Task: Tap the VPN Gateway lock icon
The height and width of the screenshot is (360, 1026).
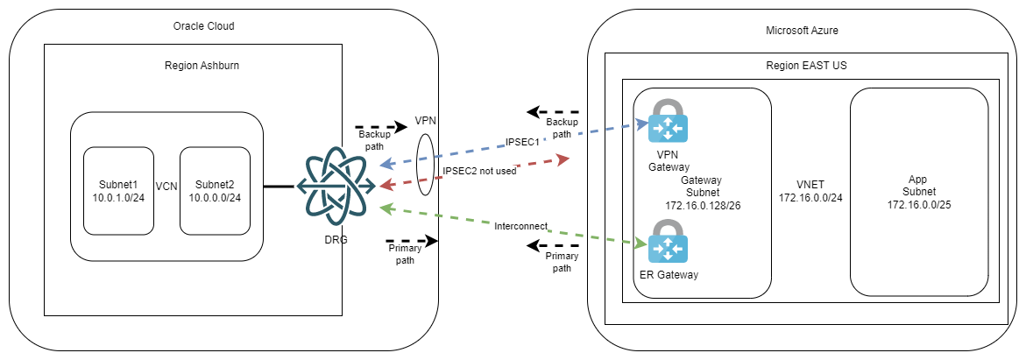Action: [x=668, y=121]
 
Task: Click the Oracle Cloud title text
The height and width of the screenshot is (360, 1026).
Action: [x=204, y=26]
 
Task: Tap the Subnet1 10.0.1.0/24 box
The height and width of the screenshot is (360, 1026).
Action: [x=118, y=190]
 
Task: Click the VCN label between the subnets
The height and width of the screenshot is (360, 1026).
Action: [x=167, y=187]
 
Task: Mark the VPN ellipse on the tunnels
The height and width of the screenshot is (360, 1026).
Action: [x=425, y=165]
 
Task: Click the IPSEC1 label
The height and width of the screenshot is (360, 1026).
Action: [x=523, y=142]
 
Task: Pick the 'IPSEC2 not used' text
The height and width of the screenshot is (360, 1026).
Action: [x=480, y=171]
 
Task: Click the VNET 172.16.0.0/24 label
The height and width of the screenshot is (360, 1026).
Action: [x=810, y=192]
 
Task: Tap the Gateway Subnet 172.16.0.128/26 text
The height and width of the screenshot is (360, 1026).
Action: [x=701, y=192]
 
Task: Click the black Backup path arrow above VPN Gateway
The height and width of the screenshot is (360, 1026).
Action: [x=554, y=112]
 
